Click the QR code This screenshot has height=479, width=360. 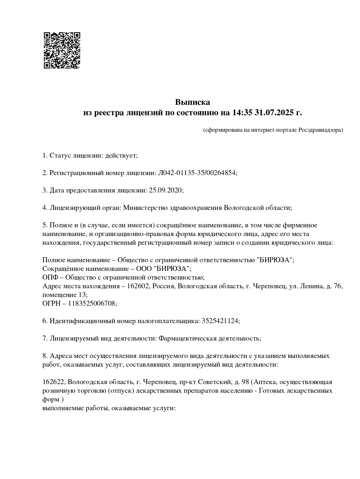[62, 50]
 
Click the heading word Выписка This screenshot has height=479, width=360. [192, 102]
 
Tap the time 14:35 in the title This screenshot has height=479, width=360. [242, 113]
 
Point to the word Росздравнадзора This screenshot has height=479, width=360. [321, 130]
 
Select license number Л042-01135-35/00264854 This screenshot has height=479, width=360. [197, 173]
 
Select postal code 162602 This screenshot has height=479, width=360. [139, 286]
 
